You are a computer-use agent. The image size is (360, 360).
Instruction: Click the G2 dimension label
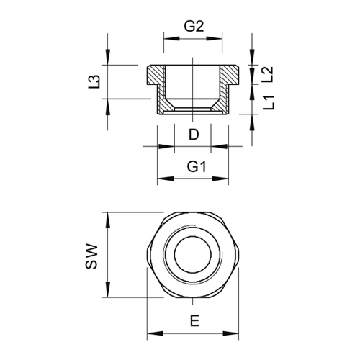pyautogui.click(x=194, y=27)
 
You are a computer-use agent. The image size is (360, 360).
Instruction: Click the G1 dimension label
pyautogui.click(x=197, y=167)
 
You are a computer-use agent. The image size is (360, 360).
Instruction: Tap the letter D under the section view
pyautogui.click(x=194, y=135)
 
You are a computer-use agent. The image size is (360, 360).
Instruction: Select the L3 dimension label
pyautogui.click(x=94, y=81)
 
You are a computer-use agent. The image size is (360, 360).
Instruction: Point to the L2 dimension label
pyautogui.click(x=268, y=74)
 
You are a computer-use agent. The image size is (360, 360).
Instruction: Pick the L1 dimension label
pyautogui.click(x=269, y=102)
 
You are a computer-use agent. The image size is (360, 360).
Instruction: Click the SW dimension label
pyautogui.click(x=91, y=256)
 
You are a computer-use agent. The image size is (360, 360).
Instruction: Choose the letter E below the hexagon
pyautogui.click(x=194, y=321)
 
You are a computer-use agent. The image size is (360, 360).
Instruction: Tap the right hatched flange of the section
pyautogui.click(x=230, y=75)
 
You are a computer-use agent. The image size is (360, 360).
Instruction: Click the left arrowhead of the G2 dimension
pyautogui.click(x=171, y=38)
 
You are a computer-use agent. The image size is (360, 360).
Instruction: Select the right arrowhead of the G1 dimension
pyautogui.click(x=220, y=179)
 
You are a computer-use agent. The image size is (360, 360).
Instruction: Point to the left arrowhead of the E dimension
pyautogui.click(x=155, y=333)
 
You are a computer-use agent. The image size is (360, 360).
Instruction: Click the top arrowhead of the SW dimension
pyautogui.click(x=108, y=220)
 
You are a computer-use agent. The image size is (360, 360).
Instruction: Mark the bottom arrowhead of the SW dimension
pyautogui.click(x=108, y=289)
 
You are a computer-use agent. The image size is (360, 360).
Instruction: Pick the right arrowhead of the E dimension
pyautogui.click(x=231, y=333)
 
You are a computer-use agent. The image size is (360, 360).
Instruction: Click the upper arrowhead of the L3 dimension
pyautogui.click(x=108, y=57)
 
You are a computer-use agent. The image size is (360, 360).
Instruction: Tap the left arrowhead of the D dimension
pyautogui.click(x=166, y=146)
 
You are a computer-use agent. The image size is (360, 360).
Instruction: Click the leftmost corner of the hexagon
pyautogui.click(x=147, y=255)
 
